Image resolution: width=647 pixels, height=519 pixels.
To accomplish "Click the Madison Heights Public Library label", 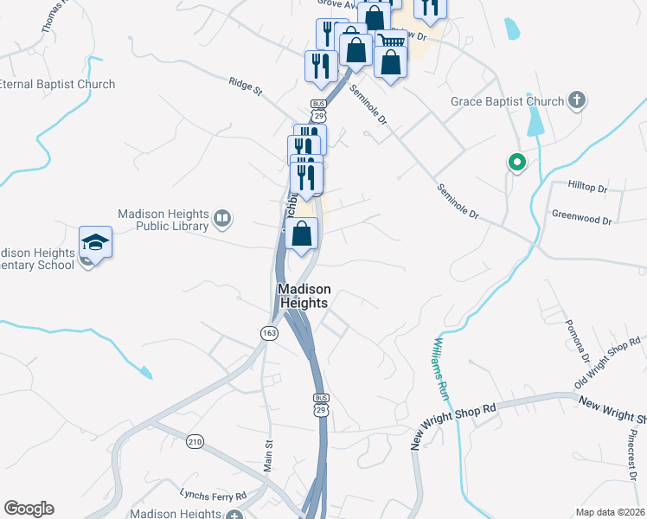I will [x=163, y=220].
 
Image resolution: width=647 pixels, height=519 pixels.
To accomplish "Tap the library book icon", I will [x=222, y=220].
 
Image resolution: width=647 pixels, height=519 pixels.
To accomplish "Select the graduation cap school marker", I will [x=95, y=242].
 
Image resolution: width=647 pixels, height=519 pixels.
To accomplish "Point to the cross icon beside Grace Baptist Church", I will [x=577, y=101].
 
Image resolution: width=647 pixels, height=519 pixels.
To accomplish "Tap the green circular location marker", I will [x=516, y=162].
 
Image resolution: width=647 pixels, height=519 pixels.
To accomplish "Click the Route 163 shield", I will [x=268, y=332].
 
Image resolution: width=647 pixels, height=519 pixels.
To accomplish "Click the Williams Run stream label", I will [x=439, y=368].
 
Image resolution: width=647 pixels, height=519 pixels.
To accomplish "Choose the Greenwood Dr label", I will [x=581, y=216].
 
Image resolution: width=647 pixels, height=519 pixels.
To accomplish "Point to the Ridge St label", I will [x=245, y=86].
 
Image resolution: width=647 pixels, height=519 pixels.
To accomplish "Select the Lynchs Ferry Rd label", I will [x=213, y=495].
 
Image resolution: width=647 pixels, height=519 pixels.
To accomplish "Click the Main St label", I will [x=268, y=455].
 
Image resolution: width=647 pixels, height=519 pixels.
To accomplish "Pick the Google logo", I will [x=29, y=509].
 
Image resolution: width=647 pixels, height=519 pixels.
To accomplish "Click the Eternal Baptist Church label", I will [x=56, y=85].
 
